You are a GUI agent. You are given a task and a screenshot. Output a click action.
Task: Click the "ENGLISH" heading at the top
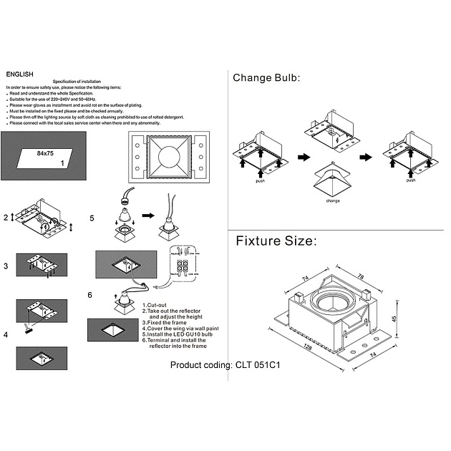(19, 74)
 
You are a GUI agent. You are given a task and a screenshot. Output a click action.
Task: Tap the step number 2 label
(5, 217)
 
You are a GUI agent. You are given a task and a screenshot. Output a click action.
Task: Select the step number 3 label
(5, 266)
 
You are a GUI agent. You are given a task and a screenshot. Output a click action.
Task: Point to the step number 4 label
(5, 334)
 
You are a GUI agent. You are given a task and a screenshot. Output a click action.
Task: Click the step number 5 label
(92, 218)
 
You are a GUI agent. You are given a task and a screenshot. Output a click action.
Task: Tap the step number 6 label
(89, 294)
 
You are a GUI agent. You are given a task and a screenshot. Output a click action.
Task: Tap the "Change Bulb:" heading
(266, 78)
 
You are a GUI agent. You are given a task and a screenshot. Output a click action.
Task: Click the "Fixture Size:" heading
(276, 241)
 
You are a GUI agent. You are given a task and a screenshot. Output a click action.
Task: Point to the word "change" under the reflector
(332, 201)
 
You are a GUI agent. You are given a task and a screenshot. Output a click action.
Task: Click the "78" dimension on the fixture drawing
(360, 276)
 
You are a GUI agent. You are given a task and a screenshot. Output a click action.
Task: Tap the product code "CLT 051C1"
(257, 364)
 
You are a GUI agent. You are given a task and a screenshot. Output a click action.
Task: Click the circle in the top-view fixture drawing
(168, 156)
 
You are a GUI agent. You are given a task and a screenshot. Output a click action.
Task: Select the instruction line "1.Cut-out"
(155, 304)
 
